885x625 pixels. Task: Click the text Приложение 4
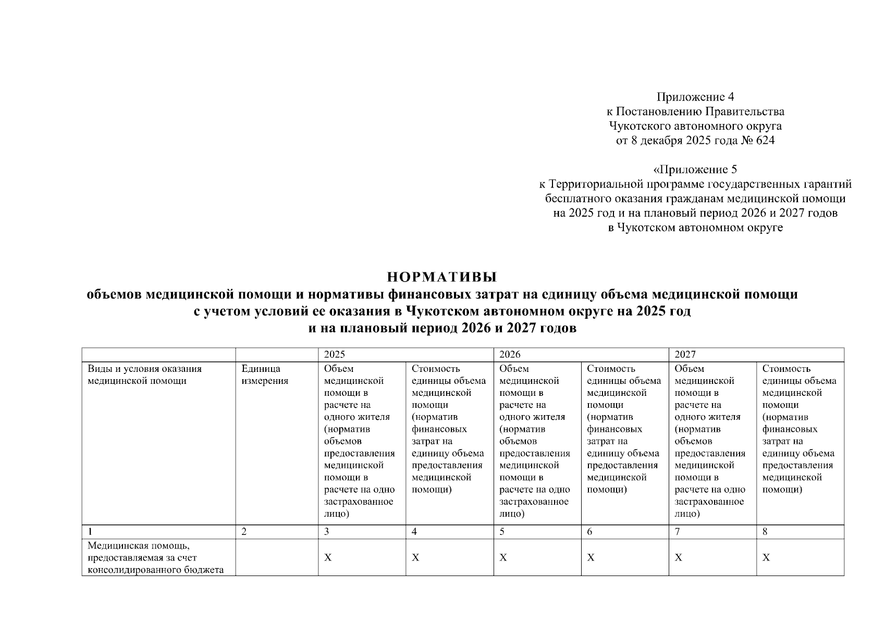(695, 97)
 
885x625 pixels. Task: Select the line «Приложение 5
(695, 169)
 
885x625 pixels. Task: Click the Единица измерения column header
(265, 375)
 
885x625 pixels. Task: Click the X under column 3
(328, 558)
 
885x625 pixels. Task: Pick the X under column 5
(503, 558)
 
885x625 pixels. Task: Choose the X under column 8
(766, 558)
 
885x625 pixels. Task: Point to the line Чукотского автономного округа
(695, 126)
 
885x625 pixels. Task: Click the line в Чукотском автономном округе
(695, 228)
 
